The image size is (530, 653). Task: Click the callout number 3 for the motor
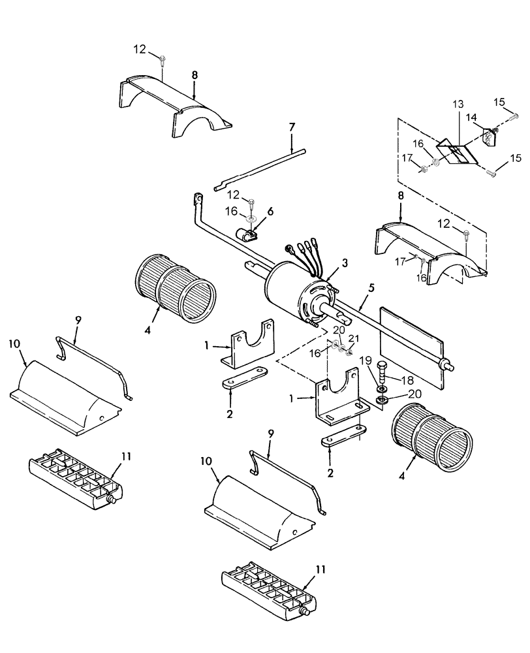345,261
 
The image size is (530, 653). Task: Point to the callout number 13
457,104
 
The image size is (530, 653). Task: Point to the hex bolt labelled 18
384,376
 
